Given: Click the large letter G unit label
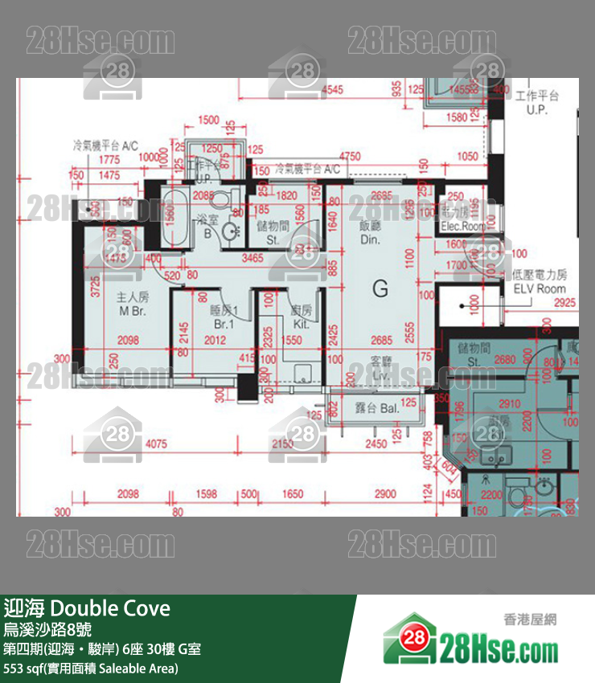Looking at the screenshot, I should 380,288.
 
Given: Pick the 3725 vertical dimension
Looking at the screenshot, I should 96,287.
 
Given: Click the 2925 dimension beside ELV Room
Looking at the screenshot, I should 565,302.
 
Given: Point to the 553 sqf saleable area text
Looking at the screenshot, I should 91,668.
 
